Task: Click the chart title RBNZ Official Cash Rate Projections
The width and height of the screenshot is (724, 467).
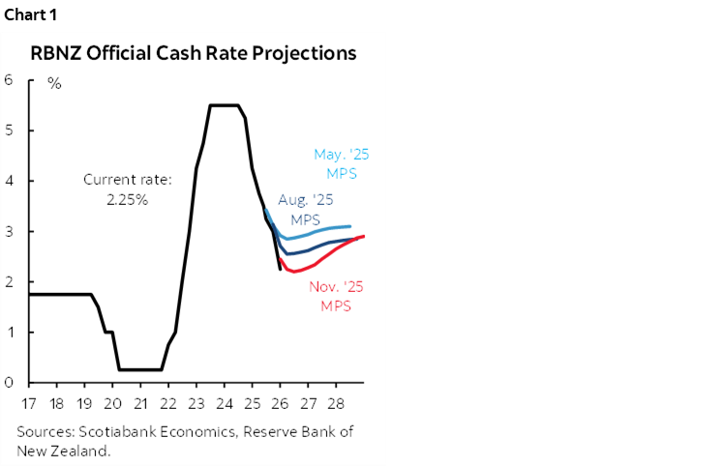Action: pos(193,53)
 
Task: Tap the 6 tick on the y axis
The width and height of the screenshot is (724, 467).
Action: pos(8,79)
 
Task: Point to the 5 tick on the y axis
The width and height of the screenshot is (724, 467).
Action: pos(8,131)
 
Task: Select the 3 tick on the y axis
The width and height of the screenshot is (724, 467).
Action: pos(8,231)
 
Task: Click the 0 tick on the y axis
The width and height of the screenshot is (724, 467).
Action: pos(8,383)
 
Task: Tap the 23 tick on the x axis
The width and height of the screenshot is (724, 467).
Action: pos(197,402)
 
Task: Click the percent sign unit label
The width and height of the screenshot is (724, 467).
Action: pos(54,83)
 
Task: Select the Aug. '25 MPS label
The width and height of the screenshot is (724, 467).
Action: pos(306,210)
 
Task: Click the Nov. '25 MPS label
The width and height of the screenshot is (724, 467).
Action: pos(331,296)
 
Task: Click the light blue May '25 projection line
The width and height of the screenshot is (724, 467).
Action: pos(319,228)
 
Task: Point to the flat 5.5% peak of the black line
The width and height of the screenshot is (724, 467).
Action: pos(225,105)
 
